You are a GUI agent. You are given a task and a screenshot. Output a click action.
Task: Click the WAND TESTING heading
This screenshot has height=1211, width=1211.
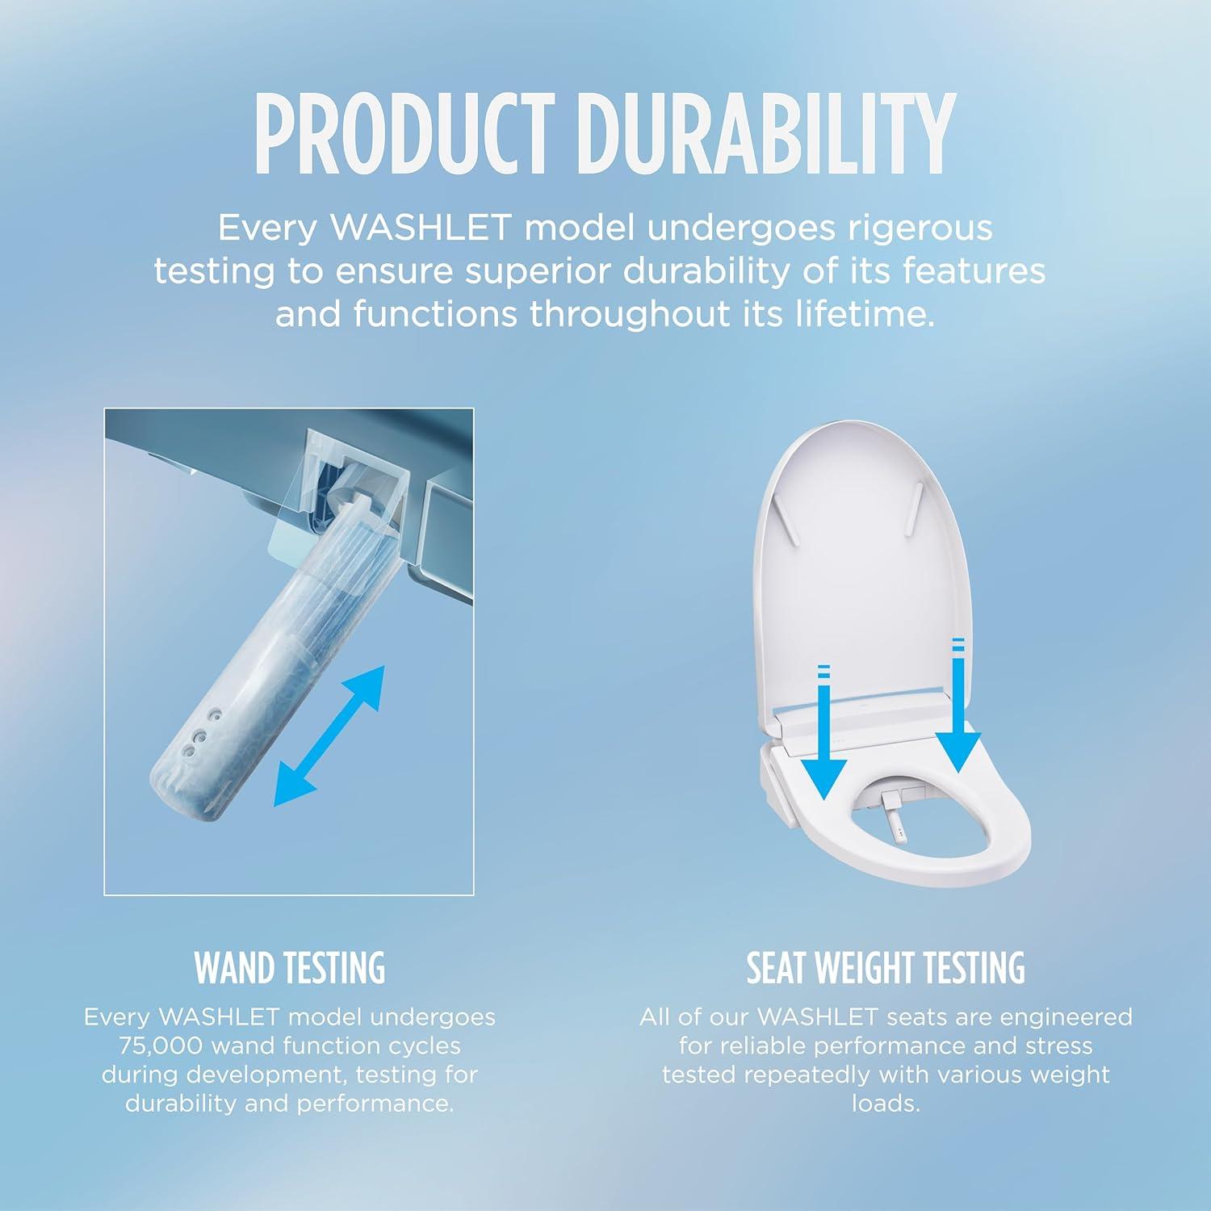(290, 968)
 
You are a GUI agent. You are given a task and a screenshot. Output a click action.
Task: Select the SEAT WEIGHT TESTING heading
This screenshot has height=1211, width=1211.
(886, 968)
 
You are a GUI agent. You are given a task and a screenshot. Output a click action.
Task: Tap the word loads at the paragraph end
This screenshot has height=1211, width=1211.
(886, 1104)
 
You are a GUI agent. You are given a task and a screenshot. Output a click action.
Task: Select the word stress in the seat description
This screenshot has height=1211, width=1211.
(1058, 1046)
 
